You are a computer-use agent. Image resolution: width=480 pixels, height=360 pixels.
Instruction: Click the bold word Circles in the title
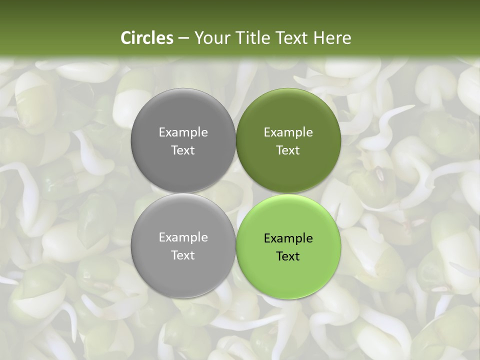tap(147, 38)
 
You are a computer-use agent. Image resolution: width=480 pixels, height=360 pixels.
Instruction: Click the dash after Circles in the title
tap(183, 38)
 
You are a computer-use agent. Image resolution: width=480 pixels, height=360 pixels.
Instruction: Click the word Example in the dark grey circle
tap(183, 132)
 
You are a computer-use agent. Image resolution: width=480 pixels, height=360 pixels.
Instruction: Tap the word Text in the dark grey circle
tap(183, 150)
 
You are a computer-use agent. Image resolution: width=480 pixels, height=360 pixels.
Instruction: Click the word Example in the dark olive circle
tap(288, 132)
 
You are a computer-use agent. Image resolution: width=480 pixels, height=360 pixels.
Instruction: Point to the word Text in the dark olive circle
tap(288, 150)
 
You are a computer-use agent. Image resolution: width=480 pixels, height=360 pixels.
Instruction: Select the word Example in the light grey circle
tap(183, 237)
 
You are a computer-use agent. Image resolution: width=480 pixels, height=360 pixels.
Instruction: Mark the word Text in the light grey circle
tap(183, 255)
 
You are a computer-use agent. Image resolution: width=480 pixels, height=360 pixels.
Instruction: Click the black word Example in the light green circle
tap(288, 238)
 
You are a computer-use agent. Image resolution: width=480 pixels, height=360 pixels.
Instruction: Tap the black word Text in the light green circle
tap(288, 256)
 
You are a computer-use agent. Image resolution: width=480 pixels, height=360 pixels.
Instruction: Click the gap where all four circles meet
tap(235, 193)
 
